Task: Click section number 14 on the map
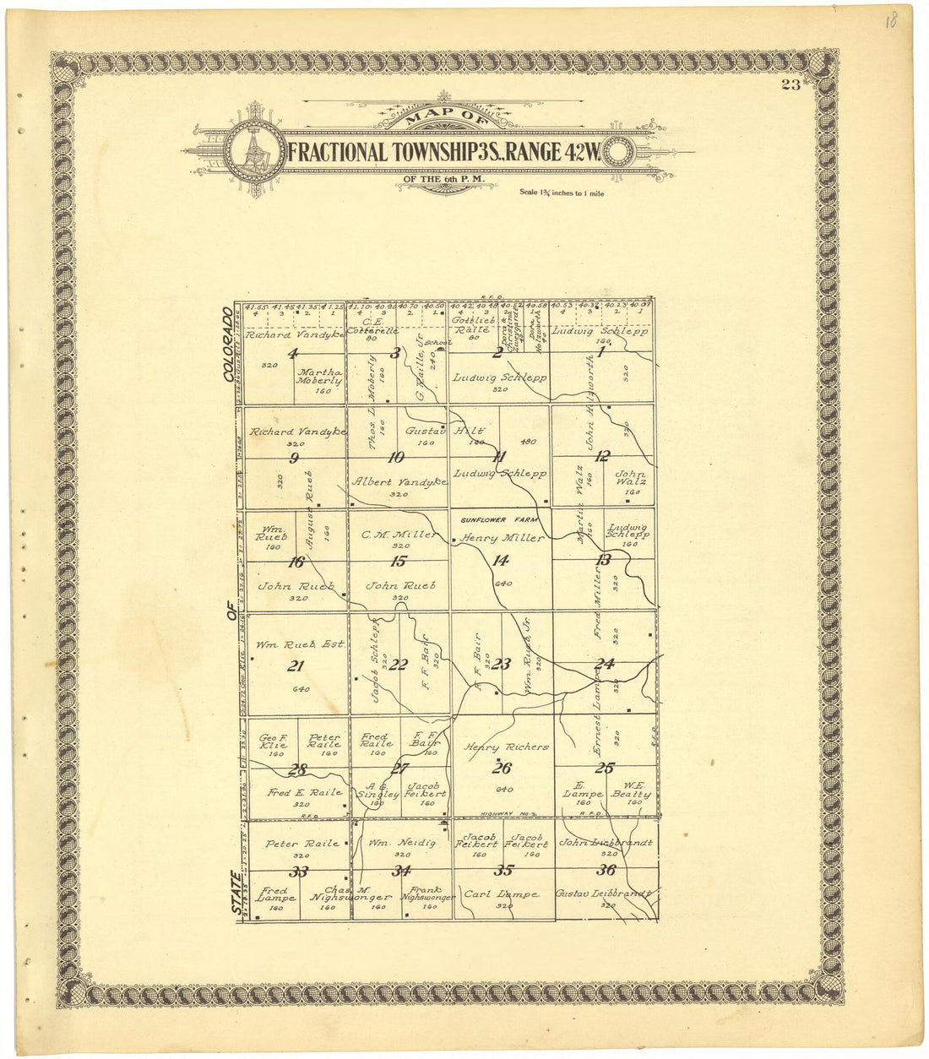(501, 559)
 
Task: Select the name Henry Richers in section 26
(507, 747)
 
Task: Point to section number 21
(295, 665)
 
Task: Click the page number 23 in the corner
(791, 84)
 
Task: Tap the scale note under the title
(562, 193)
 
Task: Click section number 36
(606, 871)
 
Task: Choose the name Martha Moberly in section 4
(320, 376)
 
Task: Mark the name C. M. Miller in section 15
(399, 535)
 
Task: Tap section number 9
(294, 459)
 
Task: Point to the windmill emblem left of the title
(254, 152)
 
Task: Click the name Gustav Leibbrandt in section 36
(606, 893)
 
